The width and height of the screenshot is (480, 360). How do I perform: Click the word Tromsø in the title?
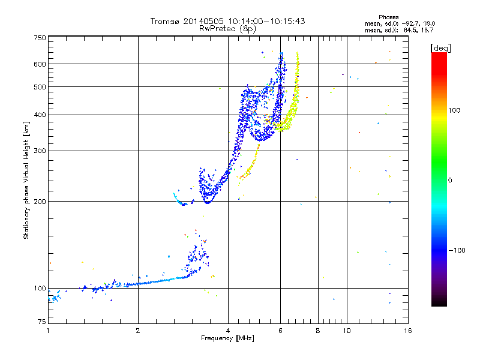[165, 21]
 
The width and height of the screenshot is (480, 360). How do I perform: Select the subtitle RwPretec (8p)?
[228, 28]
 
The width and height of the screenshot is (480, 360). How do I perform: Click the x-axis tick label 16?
[407, 331]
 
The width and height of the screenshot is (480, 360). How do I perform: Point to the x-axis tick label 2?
[138, 331]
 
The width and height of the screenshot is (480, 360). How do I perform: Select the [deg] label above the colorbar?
[440, 47]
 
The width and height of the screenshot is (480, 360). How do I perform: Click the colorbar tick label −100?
[458, 250]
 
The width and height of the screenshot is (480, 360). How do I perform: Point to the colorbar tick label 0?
[452, 180]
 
